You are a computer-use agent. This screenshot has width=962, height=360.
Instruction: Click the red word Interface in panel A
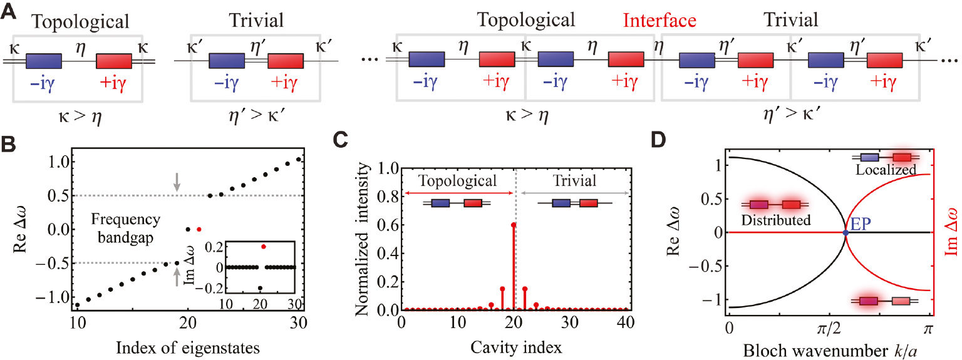[656, 21]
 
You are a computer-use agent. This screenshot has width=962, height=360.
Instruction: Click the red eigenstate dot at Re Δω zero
[199, 229]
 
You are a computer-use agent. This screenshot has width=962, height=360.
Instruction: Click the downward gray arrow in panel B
[177, 182]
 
